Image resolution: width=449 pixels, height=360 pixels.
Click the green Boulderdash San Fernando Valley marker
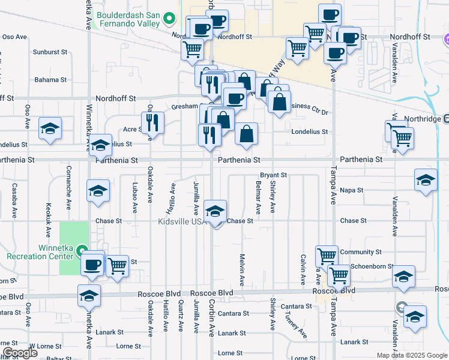coord(169,18)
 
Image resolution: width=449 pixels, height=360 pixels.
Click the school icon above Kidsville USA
coord(215,211)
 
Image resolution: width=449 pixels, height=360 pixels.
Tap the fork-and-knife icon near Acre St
coord(152,123)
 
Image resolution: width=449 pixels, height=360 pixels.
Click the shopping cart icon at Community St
coord(327,255)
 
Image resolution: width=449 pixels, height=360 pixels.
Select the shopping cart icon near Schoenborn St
coord(339,275)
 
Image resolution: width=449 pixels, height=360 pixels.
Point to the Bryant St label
coord(275,175)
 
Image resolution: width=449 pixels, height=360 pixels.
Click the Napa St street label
coord(352,190)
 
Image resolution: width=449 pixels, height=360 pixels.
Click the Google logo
coord(20,353)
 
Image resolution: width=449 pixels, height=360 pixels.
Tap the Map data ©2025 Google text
coord(412,355)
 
